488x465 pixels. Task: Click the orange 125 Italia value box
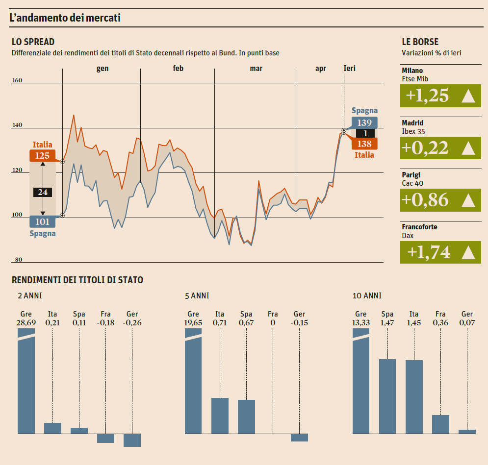click(43, 156)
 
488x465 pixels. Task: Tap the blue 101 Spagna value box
click(43, 221)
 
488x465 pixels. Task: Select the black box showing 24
click(43, 192)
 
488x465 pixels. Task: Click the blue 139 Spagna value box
click(364, 122)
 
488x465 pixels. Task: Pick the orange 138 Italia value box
click(364, 144)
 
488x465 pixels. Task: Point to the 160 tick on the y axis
click(17, 80)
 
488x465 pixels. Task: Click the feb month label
click(178, 69)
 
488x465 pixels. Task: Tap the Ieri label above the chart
click(349, 69)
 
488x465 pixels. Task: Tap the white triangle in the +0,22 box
click(468, 148)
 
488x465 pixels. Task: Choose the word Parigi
click(411, 175)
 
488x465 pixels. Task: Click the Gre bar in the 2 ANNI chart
click(26, 382)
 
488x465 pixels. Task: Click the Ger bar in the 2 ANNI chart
click(132, 440)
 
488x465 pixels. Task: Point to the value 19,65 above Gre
click(193, 323)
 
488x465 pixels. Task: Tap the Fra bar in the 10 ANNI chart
click(440, 424)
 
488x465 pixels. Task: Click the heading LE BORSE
click(420, 42)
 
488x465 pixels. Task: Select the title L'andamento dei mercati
click(65, 18)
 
